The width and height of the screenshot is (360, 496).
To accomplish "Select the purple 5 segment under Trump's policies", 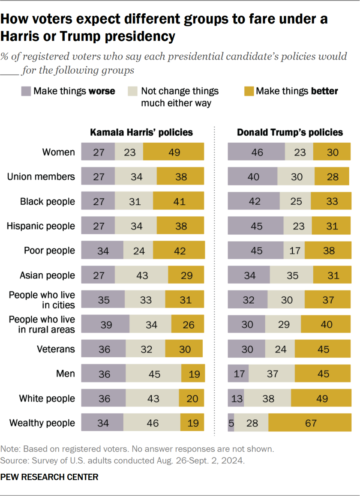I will [x=231, y=423].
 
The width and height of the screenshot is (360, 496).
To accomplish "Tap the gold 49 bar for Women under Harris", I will [x=174, y=152].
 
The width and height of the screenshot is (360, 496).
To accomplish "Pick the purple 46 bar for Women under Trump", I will [x=256, y=152].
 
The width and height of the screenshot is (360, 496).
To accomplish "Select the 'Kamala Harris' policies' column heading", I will [x=141, y=132].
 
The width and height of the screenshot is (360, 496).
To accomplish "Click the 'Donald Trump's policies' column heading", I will [x=290, y=132].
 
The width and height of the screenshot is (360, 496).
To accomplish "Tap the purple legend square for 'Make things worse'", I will [x=26, y=91].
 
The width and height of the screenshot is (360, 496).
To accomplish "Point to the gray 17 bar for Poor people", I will [x=294, y=251].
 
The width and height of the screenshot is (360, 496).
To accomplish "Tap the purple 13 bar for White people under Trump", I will [x=236, y=398].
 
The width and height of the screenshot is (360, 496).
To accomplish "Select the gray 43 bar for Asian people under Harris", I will [x=141, y=275].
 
